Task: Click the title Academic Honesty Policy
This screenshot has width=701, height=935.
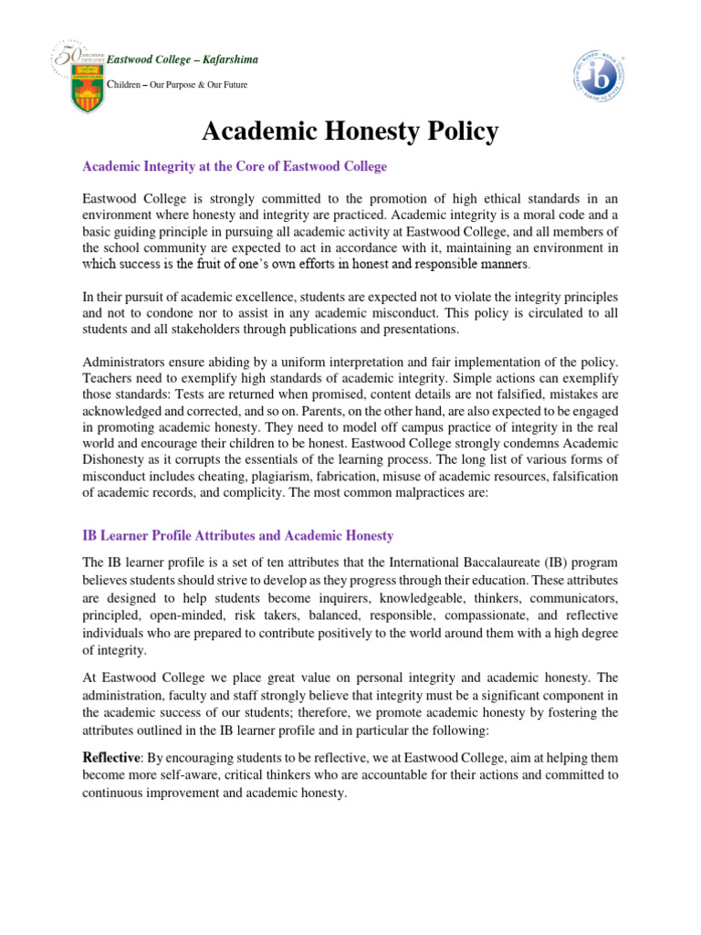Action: click(350, 131)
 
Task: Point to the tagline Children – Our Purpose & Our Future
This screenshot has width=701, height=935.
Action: click(178, 85)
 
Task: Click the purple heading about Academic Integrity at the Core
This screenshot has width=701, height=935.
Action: click(235, 167)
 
